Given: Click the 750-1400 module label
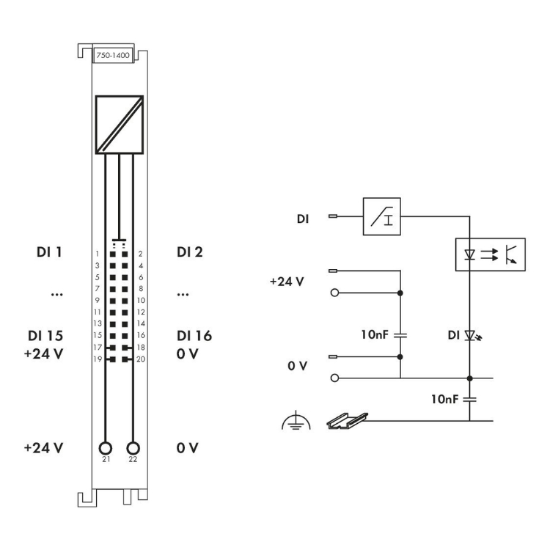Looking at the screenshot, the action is pyautogui.click(x=113, y=55).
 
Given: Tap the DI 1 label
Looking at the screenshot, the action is pyautogui.click(x=49, y=252).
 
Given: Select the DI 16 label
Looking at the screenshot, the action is pyautogui.click(x=194, y=336).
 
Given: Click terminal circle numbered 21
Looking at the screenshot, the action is pyautogui.click(x=105, y=448).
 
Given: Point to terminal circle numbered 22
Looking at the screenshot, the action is pyautogui.click(x=133, y=448).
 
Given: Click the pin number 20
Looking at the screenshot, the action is pyautogui.click(x=141, y=359).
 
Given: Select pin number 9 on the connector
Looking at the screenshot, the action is pyautogui.click(x=97, y=300).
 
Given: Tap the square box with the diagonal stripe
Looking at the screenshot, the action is pyautogui.click(x=120, y=125).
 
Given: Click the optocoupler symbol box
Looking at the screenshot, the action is pyautogui.click(x=491, y=254).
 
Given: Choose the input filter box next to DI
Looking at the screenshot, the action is pyautogui.click(x=381, y=216).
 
